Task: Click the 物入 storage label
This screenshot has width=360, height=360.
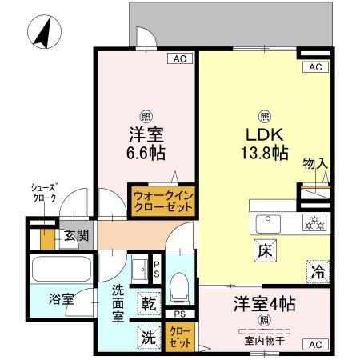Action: point(314,164)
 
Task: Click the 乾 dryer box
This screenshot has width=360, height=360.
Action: point(149,304)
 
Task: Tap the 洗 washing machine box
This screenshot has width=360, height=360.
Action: point(149,337)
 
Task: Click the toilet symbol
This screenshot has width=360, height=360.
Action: point(180,284)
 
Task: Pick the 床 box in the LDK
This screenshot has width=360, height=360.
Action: point(265,250)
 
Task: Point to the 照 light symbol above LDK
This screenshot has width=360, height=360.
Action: point(264,114)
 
